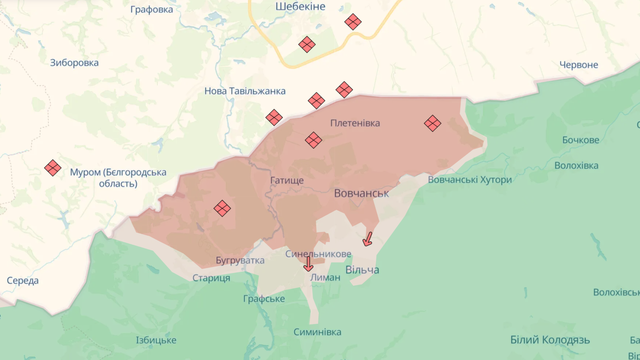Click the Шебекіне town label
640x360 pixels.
[300, 6]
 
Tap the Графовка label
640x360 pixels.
[152, 10]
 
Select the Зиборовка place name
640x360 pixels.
[74, 63]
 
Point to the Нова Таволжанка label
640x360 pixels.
[245, 91]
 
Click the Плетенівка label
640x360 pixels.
[355, 123]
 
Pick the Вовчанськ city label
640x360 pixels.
[361, 193]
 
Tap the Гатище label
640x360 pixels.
[287, 180]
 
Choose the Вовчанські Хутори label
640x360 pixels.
[470, 180]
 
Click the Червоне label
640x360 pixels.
[579, 65]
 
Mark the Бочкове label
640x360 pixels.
[581, 140]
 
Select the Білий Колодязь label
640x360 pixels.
[550, 340]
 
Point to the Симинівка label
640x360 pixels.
[317, 332]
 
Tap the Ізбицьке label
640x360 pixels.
[156, 340]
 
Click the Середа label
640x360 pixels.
[23, 281]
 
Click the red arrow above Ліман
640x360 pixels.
[308, 264]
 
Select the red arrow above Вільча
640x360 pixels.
[368, 239]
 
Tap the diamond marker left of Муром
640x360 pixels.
[53, 168]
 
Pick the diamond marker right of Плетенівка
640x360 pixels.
[432, 123]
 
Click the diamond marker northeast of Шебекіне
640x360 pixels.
[353, 22]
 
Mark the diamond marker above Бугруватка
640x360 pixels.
[222, 208]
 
